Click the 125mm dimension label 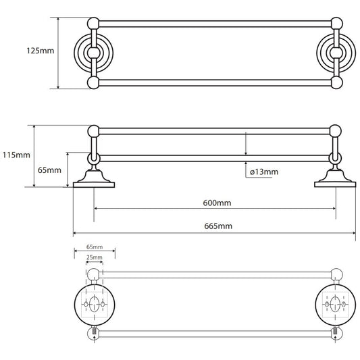[x=41, y=51]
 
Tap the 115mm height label [x=16, y=155]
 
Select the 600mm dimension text [x=217, y=203]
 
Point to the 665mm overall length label [x=218, y=226]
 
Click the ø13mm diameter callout [x=264, y=172]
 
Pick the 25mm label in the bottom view [x=95, y=257]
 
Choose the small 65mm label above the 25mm [x=95, y=247]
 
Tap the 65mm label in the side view [x=49, y=170]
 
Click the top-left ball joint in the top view [x=93, y=24]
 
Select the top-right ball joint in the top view [x=336, y=24]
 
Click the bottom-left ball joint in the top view [x=93, y=82]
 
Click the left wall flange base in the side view [x=94, y=185]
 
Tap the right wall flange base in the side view [x=335, y=184]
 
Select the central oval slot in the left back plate [x=94, y=304]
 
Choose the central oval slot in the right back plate [x=335, y=304]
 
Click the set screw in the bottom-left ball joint [x=94, y=332]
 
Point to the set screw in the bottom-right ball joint [x=335, y=332]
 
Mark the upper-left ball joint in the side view [x=93, y=132]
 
